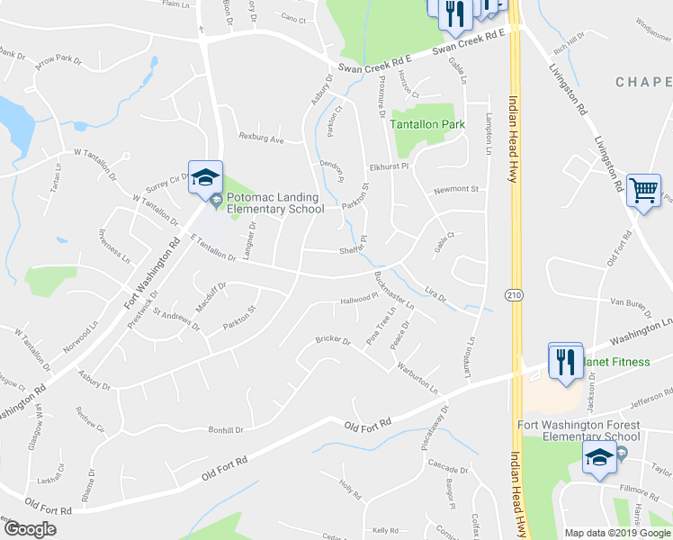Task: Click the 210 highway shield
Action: [x=512, y=294]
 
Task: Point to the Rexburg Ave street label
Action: [x=261, y=139]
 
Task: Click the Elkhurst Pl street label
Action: [x=389, y=167]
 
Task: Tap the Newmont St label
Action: [x=453, y=190]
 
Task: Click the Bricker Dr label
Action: [x=332, y=339]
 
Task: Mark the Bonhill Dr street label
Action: [x=227, y=430]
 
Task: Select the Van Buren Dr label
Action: [x=629, y=303]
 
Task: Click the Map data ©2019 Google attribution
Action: [x=617, y=533]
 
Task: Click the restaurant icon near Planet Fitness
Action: [x=566, y=361]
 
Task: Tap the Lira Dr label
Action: [x=435, y=295]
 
